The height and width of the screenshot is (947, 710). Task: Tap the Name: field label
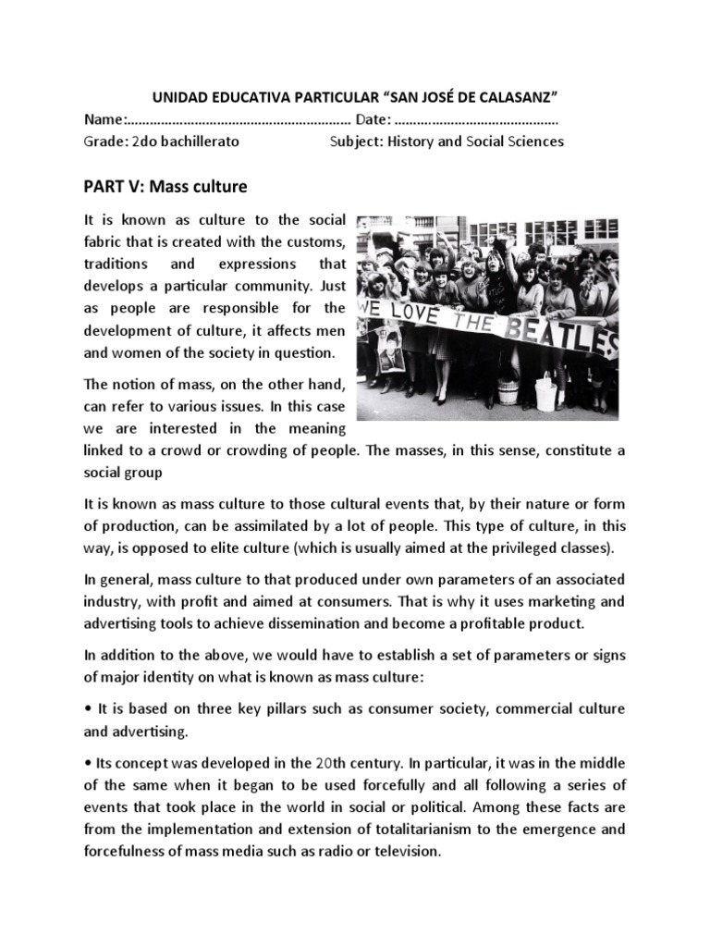[x=104, y=120]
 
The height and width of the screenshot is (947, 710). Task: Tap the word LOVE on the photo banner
[x=416, y=309]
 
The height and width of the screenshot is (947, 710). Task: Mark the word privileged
[x=519, y=548]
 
